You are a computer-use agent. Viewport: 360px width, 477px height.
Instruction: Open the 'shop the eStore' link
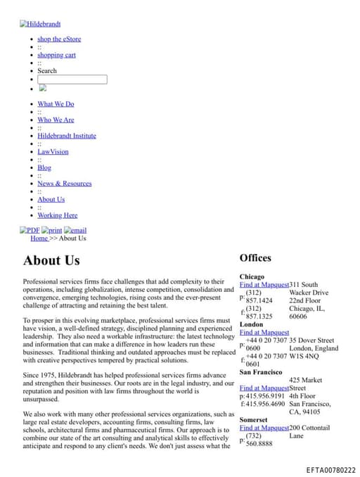pyautogui.click(x=59, y=39)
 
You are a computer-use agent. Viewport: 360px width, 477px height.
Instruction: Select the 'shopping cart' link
pyautogui.click(x=56, y=55)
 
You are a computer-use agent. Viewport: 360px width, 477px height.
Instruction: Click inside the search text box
pyautogui.click(x=72, y=79)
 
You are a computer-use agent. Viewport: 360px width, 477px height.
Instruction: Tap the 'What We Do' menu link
pyautogui.click(x=56, y=104)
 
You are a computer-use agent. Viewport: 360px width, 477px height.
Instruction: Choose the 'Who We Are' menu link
pyautogui.click(x=56, y=120)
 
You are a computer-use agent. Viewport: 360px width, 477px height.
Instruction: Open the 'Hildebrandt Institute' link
pyautogui.click(x=67, y=136)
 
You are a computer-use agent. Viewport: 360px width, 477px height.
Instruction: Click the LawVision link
pyautogui.click(x=53, y=152)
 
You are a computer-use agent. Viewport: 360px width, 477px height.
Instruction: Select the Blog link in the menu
pyautogui.click(x=44, y=167)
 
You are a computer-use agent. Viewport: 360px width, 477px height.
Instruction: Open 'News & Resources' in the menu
pyautogui.click(x=65, y=184)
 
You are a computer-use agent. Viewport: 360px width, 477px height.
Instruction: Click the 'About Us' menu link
pyautogui.click(x=51, y=199)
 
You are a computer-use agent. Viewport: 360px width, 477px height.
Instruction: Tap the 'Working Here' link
pyautogui.click(x=58, y=215)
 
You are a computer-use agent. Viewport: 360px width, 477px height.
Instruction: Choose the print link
pyautogui.click(x=52, y=230)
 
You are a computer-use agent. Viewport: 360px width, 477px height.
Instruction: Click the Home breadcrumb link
pyautogui.click(x=39, y=238)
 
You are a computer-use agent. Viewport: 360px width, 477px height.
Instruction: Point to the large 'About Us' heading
pyautogui.click(x=51, y=260)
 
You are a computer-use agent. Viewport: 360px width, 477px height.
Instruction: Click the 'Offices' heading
pyautogui.click(x=255, y=258)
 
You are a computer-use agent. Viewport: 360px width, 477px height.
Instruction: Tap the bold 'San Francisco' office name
pyautogui.click(x=261, y=372)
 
